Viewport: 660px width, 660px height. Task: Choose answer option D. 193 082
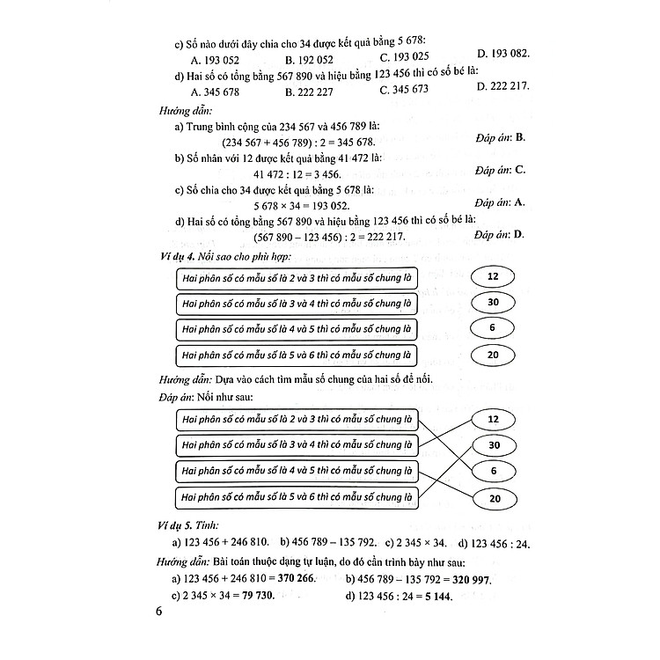502,55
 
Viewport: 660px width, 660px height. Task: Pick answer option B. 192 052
309,60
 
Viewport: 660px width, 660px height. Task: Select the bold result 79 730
257,596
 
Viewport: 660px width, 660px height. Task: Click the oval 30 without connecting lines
493,303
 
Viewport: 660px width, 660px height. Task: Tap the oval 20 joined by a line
493,499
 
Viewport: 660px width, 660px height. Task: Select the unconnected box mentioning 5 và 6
296,356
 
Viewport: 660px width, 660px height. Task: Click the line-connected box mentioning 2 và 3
296,418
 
